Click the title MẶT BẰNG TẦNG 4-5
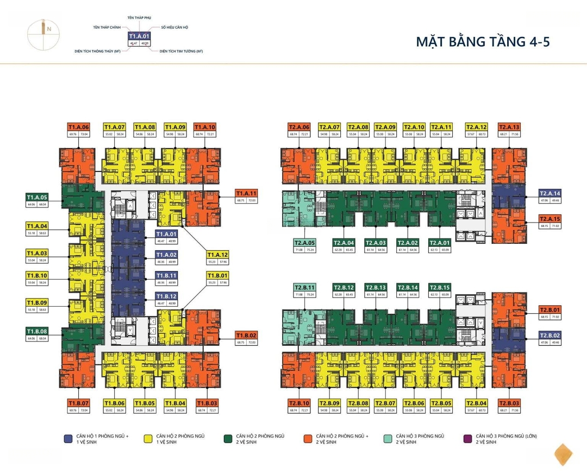click(483, 42)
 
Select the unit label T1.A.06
click(78, 127)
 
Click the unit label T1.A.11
click(246, 194)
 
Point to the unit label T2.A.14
click(549, 193)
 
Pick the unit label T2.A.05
click(305, 243)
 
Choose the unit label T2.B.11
click(305, 287)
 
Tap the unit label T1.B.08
click(37, 331)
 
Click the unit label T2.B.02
click(549, 336)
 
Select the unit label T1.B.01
click(217, 275)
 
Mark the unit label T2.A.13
click(509, 127)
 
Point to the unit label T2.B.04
click(476, 403)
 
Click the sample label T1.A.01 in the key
click(139, 36)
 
